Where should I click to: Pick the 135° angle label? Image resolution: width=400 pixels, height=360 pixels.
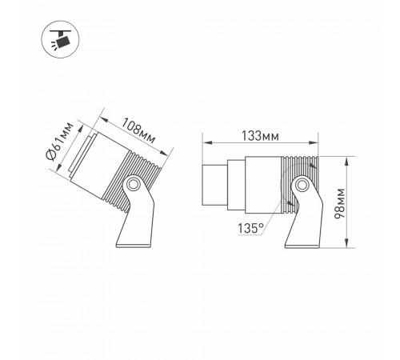(250, 229)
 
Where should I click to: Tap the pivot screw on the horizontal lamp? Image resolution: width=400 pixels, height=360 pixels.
(302, 187)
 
